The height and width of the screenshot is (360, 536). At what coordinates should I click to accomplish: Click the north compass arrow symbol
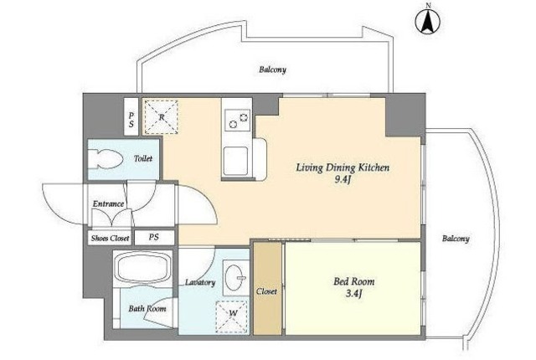(428, 20)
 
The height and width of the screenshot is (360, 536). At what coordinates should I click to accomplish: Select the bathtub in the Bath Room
(143, 269)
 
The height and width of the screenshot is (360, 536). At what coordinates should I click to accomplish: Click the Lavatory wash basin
(235, 277)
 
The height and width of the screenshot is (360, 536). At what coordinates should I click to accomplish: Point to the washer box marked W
(232, 317)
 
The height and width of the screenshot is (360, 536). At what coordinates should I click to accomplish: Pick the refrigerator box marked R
(161, 117)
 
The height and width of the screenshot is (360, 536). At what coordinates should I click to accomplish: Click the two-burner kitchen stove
(238, 120)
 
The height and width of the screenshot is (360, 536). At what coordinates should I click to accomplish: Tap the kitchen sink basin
(236, 161)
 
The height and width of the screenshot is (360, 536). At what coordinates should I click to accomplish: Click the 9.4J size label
(343, 180)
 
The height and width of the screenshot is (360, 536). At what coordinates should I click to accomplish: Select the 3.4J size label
(353, 294)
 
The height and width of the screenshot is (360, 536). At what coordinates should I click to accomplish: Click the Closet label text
(266, 291)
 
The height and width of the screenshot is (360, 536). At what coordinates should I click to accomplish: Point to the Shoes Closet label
(110, 238)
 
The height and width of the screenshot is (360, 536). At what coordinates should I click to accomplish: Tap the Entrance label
(108, 204)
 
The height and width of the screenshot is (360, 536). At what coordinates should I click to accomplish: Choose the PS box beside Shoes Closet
(154, 237)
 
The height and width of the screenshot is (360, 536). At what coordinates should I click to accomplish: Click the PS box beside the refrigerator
(131, 117)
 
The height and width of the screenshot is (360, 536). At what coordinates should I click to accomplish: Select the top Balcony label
(272, 69)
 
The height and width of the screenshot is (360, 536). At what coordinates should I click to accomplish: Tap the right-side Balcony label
(456, 239)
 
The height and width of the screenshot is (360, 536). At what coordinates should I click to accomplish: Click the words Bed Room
(353, 281)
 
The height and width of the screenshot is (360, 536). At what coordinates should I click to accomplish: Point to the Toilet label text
(143, 158)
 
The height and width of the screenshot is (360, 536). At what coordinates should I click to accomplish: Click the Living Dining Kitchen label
(343, 167)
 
